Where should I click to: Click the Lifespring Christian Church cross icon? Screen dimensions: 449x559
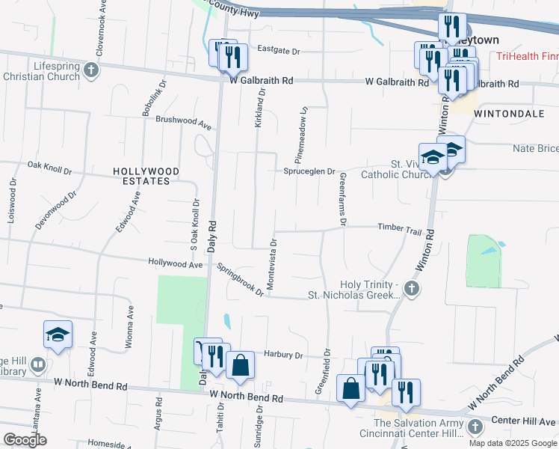coord(91,70)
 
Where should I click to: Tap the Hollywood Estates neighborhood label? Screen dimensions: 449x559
coord(146,176)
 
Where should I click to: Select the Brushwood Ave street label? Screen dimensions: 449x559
coord(184,120)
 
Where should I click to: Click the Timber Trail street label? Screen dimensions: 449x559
coord(400,228)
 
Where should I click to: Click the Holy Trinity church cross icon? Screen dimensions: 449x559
coord(410,288)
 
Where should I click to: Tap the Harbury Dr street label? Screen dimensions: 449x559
coord(282,355)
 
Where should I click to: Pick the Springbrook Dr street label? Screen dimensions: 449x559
coord(241,278)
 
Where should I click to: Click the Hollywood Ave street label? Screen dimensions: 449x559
coord(176,263)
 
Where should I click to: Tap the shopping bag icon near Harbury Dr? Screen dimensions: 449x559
coord(241,366)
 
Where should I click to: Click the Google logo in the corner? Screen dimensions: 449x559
coord(25,440)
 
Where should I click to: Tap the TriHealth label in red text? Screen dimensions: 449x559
coord(528,57)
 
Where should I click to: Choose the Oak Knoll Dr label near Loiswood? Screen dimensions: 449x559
coord(49,168)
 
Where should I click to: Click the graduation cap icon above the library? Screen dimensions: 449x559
coord(57,336)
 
